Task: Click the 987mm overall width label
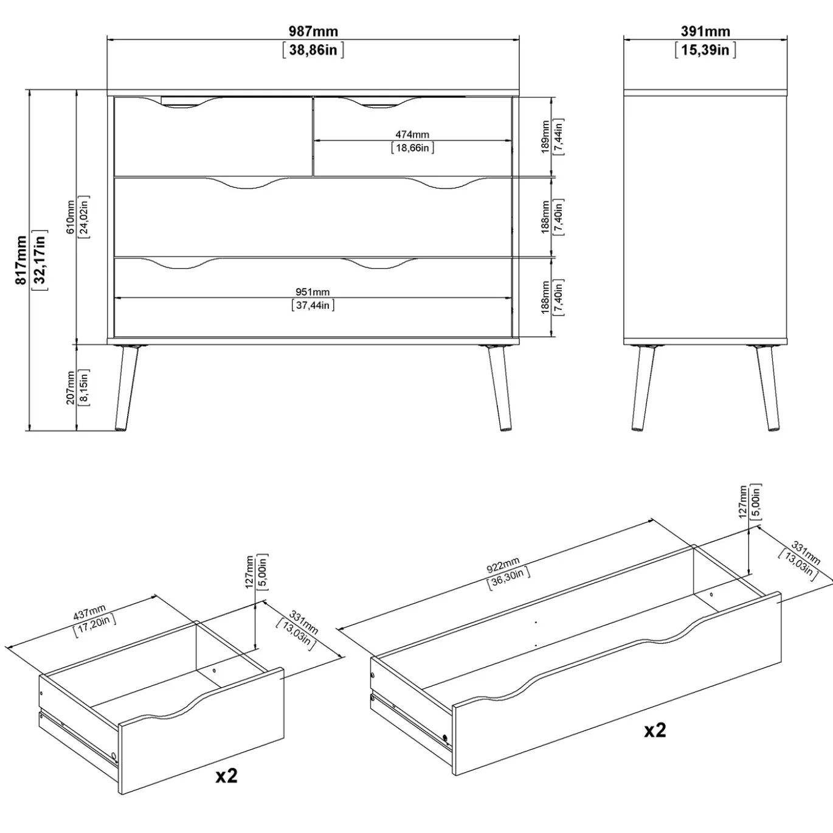click(313, 31)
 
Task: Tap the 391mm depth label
click(705, 31)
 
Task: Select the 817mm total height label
click(21, 260)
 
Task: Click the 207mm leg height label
click(71, 387)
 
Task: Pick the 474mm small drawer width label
click(412, 135)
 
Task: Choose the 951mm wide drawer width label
click(313, 292)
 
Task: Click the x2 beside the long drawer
click(655, 730)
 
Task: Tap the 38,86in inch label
click(313, 50)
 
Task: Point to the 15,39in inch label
click(705, 50)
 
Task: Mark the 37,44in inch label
click(313, 306)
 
